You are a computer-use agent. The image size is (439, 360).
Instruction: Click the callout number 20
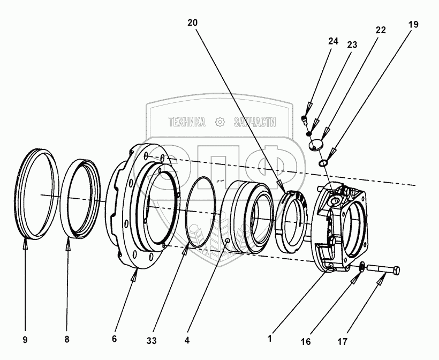pyautogui.click(x=192, y=23)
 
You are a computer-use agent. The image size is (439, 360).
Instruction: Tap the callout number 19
pyautogui.click(x=413, y=25)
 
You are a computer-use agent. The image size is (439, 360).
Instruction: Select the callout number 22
pyautogui.click(x=381, y=30)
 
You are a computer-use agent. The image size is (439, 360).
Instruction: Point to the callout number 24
pyautogui.click(x=333, y=41)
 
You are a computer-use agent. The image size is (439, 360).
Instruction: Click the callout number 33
pyautogui.click(x=152, y=341)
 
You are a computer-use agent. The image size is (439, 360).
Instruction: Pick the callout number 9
pyautogui.click(x=25, y=340)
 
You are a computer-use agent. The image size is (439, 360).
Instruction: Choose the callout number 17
pyautogui.click(x=343, y=342)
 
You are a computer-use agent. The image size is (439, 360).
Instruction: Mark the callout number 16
pyautogui.click(x=306, y=342)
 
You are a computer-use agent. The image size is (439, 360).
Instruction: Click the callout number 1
pyautogui.click(x=270, y=339)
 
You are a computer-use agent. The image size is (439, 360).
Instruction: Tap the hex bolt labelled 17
pyautogui.click(x=383, y=270)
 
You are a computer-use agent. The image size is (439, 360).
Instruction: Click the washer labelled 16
pyautogui.click(x=361, y=267)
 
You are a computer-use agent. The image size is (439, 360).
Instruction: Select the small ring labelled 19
pyautogui.click(x=323, y=163)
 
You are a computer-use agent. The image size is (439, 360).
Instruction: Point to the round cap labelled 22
pyautogui.click(x=315, y=145)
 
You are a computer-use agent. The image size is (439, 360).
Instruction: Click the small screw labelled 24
pyautogui.click(x=304, y=119)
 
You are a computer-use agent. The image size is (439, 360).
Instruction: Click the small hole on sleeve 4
pyautogui.click(x=228, y=240)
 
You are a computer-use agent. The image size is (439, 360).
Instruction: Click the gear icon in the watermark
pyautogui.click(x=220, y=122)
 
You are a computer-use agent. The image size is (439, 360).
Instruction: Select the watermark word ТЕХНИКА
pyautogui.click(x=187, y=122)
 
